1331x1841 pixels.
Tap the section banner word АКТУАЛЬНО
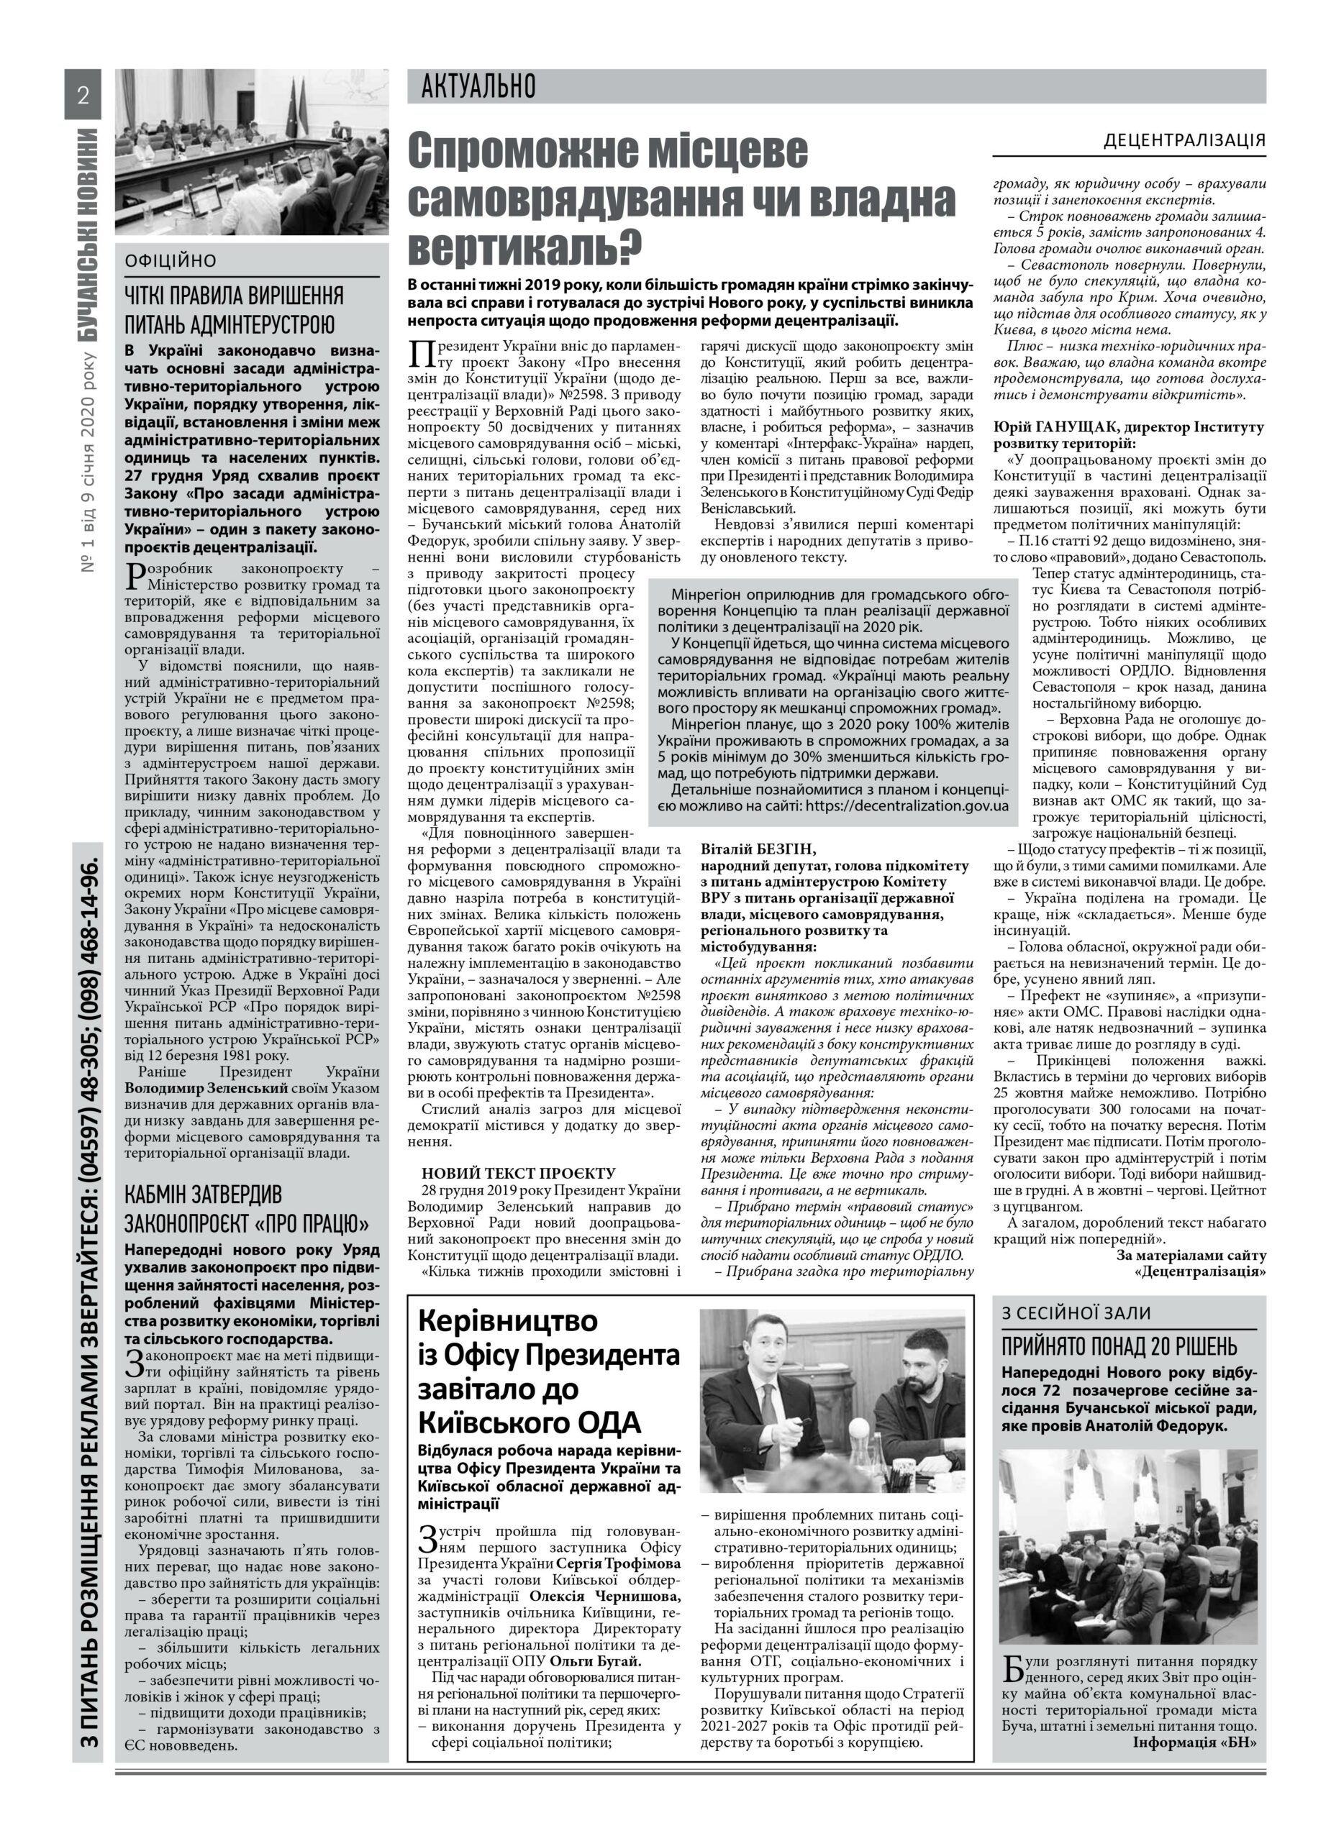(x=478, y=86)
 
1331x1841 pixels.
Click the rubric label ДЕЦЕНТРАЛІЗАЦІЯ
(x=1184, y=140)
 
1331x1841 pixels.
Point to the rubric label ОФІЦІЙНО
(x=171, y=261)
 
